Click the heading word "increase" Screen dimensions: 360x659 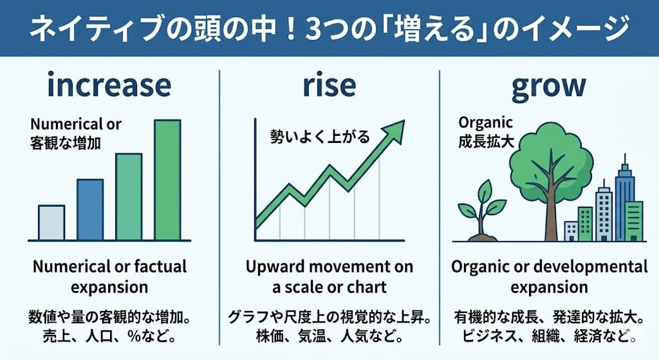click(x=109, y=86)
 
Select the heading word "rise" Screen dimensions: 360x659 click(x=329, y=86)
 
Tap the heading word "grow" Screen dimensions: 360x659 click(x=549, y=86)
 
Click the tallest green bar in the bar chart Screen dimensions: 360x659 click(x=167, y=180)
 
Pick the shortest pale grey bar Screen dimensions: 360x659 click(x=51, y=222)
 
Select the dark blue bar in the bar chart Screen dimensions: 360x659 click(x=90, y=209)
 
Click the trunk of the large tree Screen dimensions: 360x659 click(x=552, y=206)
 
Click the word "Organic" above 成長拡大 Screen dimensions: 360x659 click(x=486, y=122)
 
